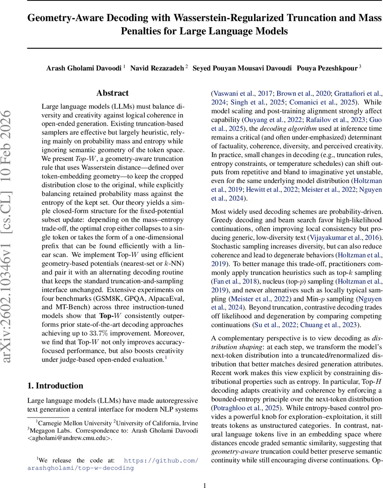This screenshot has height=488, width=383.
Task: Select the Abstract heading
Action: (112, 93)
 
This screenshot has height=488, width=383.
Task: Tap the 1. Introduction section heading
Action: (55, 386)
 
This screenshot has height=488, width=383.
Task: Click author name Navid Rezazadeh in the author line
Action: (157, 68)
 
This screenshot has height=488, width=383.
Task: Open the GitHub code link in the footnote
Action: (161, 449)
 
